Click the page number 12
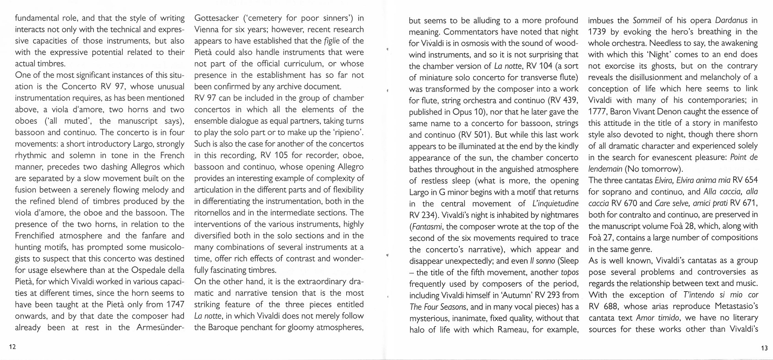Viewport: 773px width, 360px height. [x=12, y=347]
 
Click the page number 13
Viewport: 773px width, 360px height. [x=764, y=348]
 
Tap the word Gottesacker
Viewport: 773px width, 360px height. [x=216, y=18]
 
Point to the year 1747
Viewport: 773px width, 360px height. [x=175, y=304]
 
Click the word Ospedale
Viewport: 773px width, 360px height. [x=150, y=270]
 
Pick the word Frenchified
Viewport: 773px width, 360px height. [x=35, y=236]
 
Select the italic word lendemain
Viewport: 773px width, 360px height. [x=605, y=169]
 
